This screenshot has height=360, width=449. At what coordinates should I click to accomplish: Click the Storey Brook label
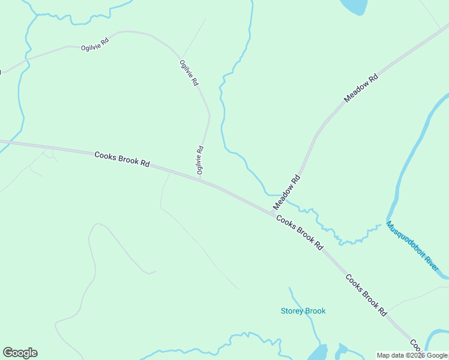303,311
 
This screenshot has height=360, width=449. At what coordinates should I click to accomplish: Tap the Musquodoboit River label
412,246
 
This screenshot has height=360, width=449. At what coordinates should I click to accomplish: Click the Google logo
20,353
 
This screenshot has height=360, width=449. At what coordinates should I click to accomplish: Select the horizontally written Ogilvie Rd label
95,44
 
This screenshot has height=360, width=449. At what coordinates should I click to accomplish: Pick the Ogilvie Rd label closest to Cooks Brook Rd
200,160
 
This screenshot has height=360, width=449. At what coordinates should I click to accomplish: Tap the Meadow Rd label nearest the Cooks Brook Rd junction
286,192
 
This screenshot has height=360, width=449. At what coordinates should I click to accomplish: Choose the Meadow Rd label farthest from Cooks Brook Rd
361,88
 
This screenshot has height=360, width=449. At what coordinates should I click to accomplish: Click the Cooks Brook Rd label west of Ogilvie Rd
122,159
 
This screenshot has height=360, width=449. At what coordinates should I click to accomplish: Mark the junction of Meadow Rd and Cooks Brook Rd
273,212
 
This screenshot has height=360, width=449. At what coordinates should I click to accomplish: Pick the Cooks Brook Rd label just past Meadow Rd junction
300,233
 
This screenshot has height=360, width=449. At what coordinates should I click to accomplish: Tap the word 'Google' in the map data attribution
437,355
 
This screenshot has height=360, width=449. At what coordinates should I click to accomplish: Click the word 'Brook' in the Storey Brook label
315,311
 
